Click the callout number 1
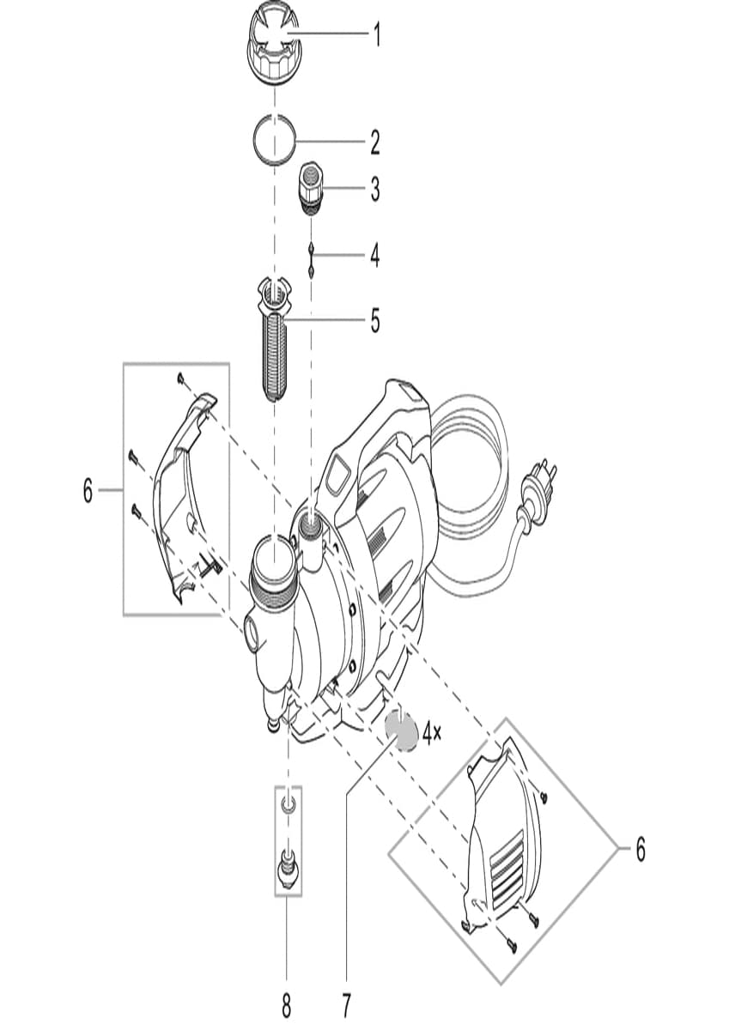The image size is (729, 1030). [x=375, y=35]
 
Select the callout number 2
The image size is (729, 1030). [x=375, y=142]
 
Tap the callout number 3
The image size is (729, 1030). [x=375, y=191]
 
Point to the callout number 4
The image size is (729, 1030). [x=375, y=255]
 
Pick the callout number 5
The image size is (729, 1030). [x=375, y=321]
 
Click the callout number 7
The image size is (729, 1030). [x=347, y=1003]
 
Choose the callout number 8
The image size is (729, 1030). [x=287, y=1003]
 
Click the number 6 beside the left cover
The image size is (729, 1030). [x=88, y=491]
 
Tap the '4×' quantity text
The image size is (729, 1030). [x=432, y=732]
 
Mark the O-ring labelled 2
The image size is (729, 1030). [x=274, y=139]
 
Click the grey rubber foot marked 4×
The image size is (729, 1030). [x=401, y=730]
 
